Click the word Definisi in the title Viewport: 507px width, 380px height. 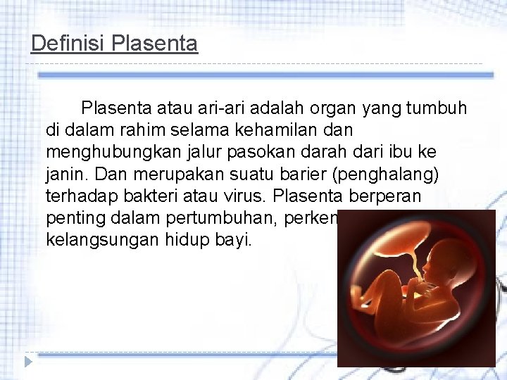[x=68, y=44]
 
